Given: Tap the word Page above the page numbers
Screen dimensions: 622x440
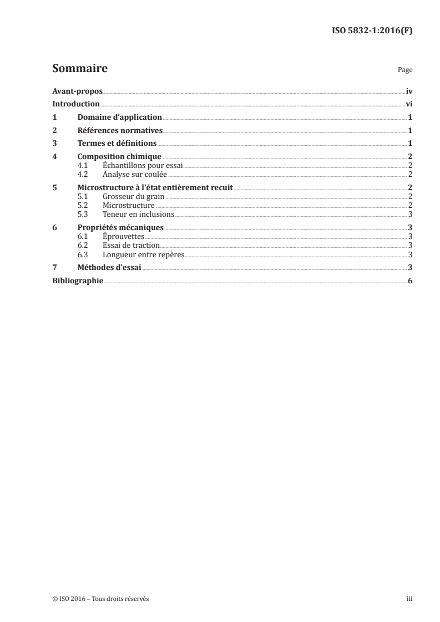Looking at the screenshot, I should (405, 70).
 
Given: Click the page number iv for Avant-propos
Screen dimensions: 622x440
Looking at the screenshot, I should (408, 91).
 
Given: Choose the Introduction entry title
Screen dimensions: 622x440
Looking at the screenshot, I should (76, 104).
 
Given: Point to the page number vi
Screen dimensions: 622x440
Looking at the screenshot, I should (408, 104).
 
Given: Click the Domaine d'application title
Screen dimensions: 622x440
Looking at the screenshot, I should (119, 118).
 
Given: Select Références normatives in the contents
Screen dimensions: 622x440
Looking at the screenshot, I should (119, 131).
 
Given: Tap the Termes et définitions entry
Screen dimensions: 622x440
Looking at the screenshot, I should (117, 144).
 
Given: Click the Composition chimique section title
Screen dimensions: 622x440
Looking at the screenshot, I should (119, 157).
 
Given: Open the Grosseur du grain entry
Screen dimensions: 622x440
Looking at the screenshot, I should (134, 196).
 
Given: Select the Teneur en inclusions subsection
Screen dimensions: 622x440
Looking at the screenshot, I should (138, 214).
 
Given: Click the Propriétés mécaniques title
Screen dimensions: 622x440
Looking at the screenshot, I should (120, 227).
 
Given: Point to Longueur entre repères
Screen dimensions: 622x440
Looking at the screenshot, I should (143, 254).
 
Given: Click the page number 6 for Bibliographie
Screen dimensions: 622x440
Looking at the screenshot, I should (409, 281).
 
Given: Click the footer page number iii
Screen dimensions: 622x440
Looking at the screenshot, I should (409, 599).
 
